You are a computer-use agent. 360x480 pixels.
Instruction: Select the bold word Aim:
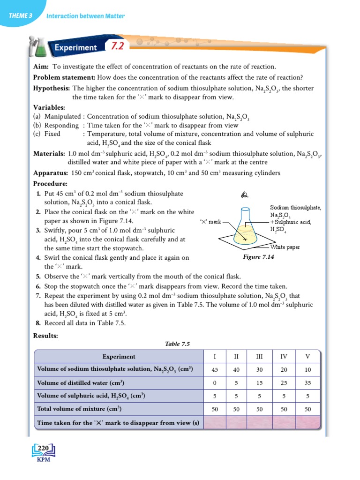click(x=42, y=67)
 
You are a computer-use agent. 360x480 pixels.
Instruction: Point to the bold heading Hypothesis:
click(x=52, y=88)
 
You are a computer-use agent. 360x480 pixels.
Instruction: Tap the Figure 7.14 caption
click(x=258, y=257)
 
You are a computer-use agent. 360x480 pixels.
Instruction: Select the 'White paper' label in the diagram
click(x=285, y=247)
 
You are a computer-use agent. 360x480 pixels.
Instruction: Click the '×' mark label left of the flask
click(x=210, y=221)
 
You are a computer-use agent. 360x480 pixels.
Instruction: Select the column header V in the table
click(x=307, y=356)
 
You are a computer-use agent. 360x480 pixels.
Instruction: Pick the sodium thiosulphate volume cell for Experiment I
click(x=215, y=369)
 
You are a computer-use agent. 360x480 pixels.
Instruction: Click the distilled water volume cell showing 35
click(x=307, y=382)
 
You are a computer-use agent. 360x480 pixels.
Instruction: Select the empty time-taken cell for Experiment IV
click(x=284, y=423)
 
